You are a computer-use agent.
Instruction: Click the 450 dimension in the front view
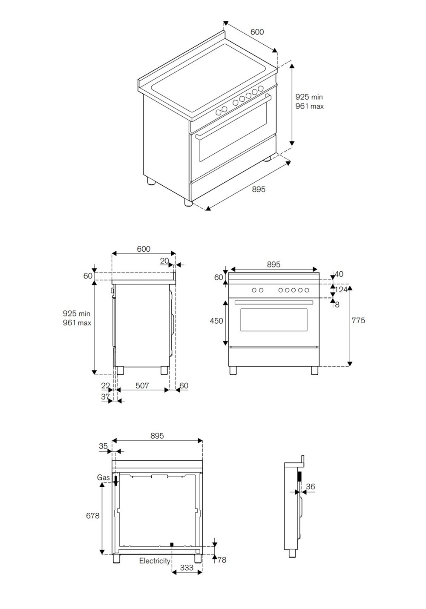click(x=216, y=321)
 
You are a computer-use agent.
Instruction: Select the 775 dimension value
click(x=358, y=321)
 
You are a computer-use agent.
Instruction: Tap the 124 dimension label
click(x=341, y=290)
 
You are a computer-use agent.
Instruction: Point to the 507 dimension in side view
click(x=142, y=386)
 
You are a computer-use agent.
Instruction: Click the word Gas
click(x=103, y=478)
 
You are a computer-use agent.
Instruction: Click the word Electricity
click(x=155, y=561)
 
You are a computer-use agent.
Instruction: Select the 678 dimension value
click(x=92, y=516)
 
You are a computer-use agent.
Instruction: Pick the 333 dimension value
click(x=187, y=568)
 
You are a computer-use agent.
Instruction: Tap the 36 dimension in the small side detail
click(x=311, y=487)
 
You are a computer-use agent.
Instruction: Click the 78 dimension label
click(x=222, y=560)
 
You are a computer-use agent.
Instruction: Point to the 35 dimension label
click(x=103, y=446)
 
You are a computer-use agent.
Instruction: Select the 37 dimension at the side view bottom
click(x=105, y=396)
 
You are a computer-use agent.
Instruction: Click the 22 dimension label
click(x=105, y=386)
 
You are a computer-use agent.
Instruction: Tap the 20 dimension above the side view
click(x=165, y=261)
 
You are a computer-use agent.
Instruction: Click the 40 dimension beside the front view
click(x=339, y=274)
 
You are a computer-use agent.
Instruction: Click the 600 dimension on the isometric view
click(x=257, y=32)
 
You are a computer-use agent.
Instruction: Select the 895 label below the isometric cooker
click(x=258, y=189)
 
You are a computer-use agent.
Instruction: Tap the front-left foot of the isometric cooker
click(x=188, y=201)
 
